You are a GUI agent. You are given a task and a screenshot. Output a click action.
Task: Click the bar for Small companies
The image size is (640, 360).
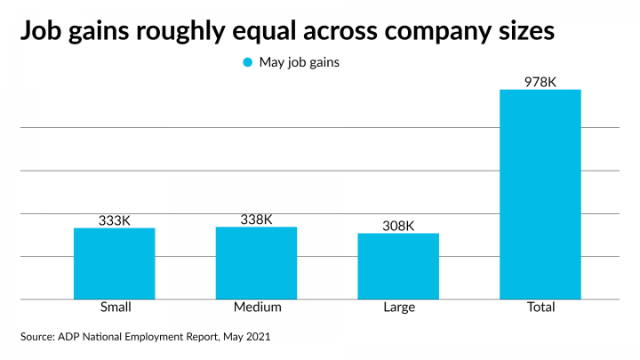click(x=114, y=263)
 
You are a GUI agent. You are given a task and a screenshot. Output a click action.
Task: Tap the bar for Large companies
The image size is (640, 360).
click(x=398, y=266)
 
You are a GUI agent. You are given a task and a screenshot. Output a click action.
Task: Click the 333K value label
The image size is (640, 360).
click(x=114, y=220)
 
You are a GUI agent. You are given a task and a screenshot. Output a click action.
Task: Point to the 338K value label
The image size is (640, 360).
click(x=256, y=219)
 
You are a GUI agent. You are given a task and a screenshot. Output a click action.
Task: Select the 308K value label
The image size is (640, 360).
click(x=398, y=226)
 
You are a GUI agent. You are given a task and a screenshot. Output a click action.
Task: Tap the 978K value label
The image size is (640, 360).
click(x=540, y=82)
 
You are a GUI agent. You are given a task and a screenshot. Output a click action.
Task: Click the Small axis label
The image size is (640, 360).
click(x=114, y=308)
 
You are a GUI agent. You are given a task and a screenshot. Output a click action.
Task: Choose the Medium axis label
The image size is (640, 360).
click(x=257, y=308)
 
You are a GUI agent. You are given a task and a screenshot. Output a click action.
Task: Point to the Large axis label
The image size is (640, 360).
click(x=398, y=308)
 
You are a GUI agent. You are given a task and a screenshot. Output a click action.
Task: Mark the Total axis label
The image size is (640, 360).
click(x=540, y=308)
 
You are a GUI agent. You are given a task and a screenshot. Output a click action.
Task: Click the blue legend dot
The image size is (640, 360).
click(x=247, y=62)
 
